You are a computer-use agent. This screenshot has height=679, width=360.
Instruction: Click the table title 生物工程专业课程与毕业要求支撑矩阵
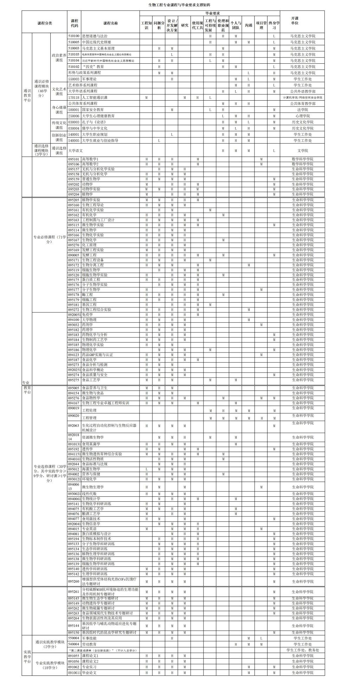179,5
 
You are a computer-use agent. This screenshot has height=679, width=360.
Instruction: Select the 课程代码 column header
74,23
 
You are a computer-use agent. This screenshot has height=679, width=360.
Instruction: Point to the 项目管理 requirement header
261,25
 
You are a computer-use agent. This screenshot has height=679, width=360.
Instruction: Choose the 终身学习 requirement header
274,25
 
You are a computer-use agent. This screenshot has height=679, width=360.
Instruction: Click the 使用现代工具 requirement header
198,25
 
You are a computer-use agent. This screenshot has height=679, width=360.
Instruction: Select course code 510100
74,36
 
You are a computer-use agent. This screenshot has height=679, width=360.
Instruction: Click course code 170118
74,97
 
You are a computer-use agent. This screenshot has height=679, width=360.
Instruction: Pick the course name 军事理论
89,79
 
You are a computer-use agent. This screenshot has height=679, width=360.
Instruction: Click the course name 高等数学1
90,159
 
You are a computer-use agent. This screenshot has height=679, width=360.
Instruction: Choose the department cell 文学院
302,151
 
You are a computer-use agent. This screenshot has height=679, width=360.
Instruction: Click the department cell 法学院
302,110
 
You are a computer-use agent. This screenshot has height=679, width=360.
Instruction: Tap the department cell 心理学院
302,116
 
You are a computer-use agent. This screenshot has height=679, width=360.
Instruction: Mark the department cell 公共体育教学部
302,103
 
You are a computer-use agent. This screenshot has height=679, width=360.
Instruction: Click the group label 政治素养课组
59,58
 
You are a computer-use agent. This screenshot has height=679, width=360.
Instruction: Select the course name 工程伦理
89,410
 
